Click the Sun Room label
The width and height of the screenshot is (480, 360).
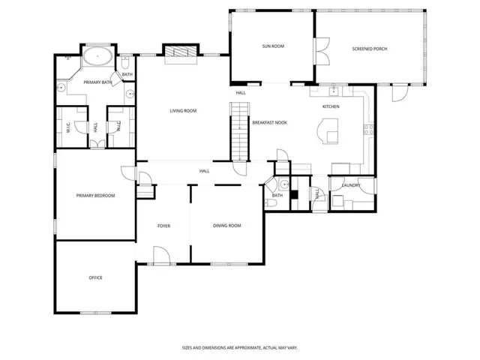[x=273, y=46]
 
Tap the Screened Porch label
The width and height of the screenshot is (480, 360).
[x=370, y=49]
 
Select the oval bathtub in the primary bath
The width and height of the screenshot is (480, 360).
[x=97, y=56]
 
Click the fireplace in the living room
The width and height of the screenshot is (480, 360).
[x=181, y=51]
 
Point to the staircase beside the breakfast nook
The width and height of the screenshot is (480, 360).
[x=240, y=131]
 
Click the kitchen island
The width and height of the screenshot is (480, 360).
[x=328, y=130]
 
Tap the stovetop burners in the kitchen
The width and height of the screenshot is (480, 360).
[x=368, y=130]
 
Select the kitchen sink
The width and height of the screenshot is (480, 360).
[x=333, y=91]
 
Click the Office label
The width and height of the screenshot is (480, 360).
[x=95, y=277]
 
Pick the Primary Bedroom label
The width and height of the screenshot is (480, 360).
[x=95, y=196]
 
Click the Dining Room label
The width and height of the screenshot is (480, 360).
[x=226, y=226]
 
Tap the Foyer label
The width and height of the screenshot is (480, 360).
[x=163, y=226]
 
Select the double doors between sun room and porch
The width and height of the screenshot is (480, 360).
[x=322, y=51]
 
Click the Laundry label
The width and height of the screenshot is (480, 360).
[x=351, y=185]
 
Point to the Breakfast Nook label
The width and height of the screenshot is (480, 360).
[x=270, y=123]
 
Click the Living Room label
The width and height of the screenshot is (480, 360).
[x=183, y=111]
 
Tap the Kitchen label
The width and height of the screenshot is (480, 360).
[x=331, y=106]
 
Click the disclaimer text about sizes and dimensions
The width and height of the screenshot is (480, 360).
[x=240, y=348]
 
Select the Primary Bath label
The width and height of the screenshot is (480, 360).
[x=97, y=82]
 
